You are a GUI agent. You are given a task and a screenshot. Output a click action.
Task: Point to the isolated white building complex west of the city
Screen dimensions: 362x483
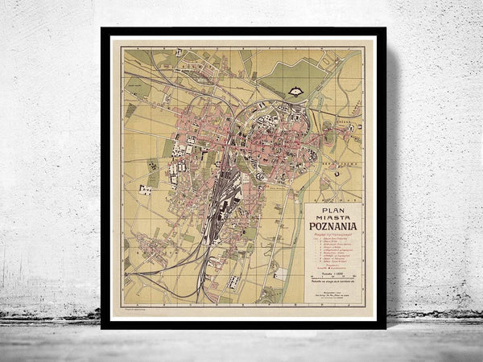tap(145, 191)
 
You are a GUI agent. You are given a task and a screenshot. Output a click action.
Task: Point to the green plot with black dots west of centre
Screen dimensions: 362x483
tap(153, 173)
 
